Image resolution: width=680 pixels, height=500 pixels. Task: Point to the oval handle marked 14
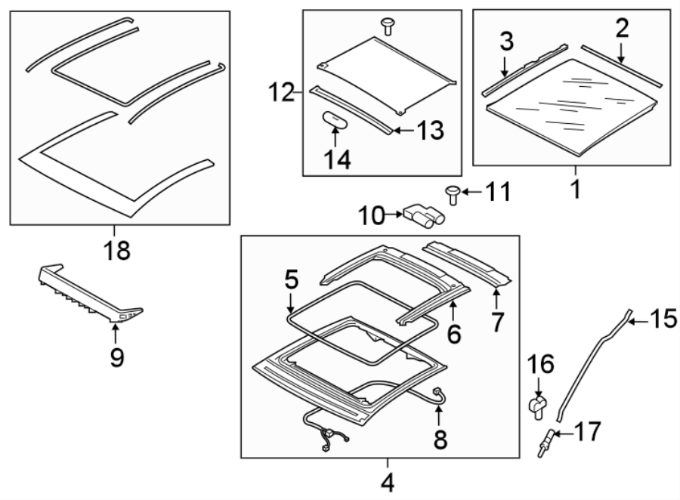tap(334, 120)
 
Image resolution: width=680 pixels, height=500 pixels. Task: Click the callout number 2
tap(621, 29)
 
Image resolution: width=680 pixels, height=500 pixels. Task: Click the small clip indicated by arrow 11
tap(454, 194)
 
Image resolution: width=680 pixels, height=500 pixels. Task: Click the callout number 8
tap(440, 438)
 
